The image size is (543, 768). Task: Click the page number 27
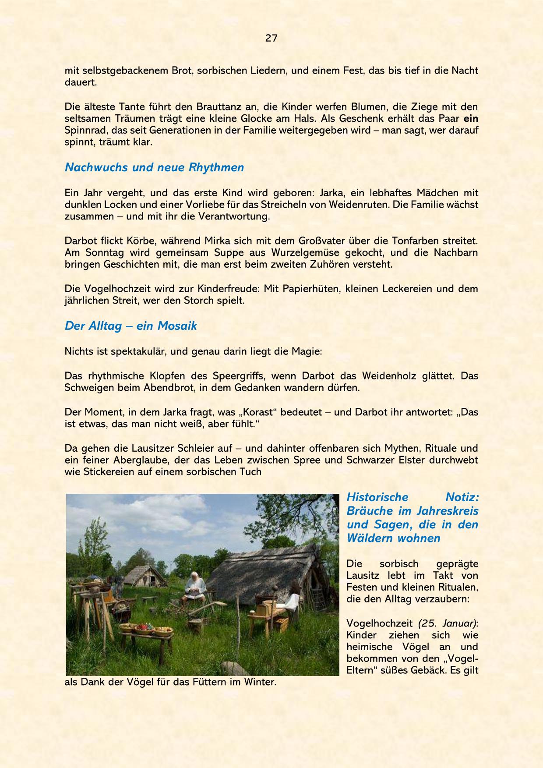(271, 38)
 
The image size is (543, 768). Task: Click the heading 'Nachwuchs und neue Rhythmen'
(154, 167)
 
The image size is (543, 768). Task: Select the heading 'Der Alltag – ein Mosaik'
(130, 326)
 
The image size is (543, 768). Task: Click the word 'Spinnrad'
(86, 131)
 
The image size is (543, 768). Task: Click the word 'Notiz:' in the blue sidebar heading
(462, 497)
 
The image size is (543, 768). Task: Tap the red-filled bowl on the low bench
(143, 629)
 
